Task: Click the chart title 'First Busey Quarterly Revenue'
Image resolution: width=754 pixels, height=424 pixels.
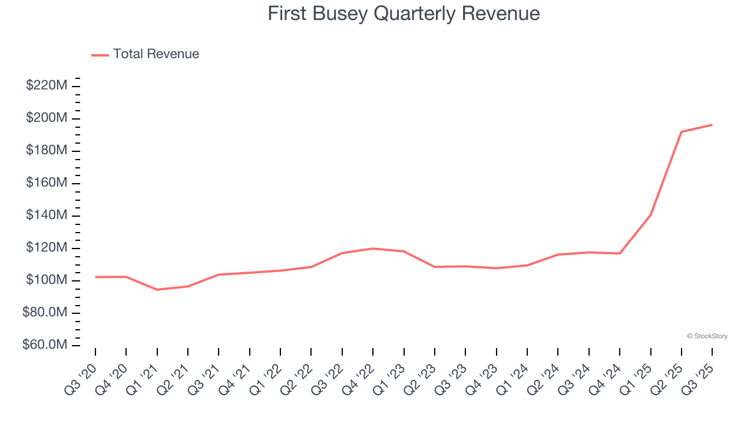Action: [404, 13]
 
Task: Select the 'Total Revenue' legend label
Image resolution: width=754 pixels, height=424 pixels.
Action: [156, 54]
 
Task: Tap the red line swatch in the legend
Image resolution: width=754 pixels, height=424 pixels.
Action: [100, 55]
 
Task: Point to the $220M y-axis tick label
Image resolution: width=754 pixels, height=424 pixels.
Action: [47, 86]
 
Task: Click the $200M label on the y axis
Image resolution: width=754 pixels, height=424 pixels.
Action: [47, 118]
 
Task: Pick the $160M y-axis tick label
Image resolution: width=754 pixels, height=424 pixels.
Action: [47, 183]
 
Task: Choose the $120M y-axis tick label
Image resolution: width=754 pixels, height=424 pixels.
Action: [47, 248]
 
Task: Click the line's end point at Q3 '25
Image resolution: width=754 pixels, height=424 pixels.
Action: [712, 125]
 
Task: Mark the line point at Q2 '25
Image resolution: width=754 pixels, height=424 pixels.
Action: [682, 132]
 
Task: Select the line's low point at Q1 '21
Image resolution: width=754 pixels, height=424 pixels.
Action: [157, 290]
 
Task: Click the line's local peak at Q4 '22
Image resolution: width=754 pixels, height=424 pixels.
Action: [373, 249]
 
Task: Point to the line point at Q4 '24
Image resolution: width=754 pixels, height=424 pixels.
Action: [620, 253]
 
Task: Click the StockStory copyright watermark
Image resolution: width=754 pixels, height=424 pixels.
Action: [707, 336]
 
